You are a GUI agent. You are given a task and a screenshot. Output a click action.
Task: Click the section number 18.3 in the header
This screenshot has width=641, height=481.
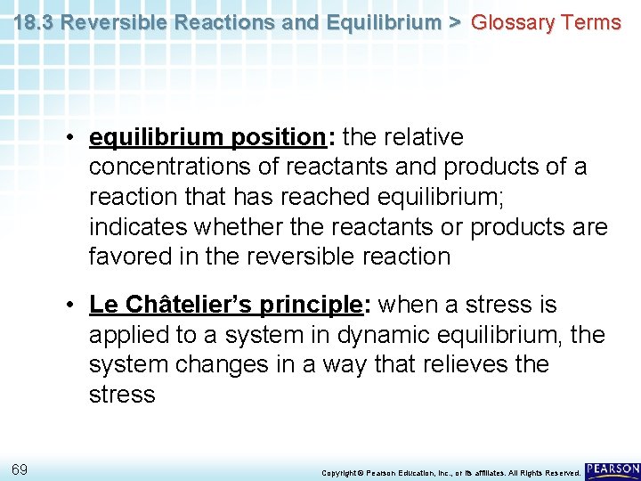click(33, 22)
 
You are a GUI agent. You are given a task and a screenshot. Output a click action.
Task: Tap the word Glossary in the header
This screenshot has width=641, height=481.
click(511, 22)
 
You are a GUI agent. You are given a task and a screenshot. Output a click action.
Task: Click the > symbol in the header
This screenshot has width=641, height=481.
click(454, 22)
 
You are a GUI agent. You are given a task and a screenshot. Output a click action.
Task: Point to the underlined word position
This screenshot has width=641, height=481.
click(278, 137)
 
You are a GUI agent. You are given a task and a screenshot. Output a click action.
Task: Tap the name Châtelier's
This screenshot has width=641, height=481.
click(190, 305)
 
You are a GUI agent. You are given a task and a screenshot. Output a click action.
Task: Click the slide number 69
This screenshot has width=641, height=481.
click(20, 469)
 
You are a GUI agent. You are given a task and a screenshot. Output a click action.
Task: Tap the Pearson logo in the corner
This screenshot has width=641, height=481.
click(613, 469)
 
